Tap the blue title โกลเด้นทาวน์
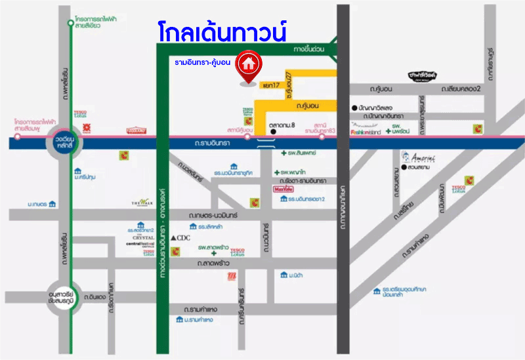223,32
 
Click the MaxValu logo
283,190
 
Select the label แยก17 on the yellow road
270,86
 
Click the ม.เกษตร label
37,205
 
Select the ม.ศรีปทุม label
87,177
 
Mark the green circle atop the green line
71,24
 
